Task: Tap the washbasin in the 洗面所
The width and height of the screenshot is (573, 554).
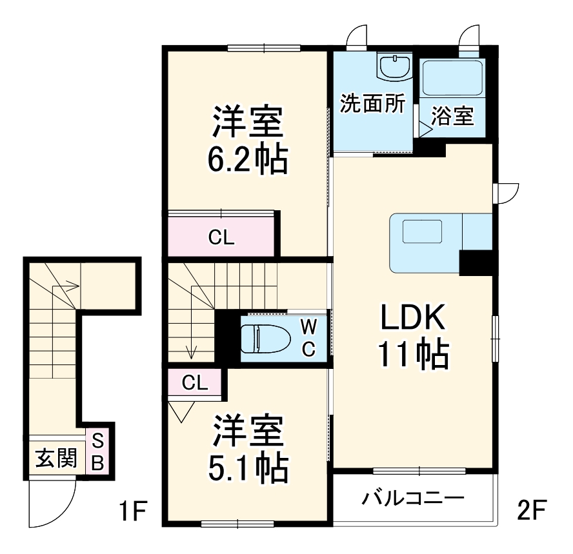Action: (395, 66)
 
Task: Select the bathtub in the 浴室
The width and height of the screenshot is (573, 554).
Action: (452, 79)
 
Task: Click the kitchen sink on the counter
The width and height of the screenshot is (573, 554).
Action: (422, 232)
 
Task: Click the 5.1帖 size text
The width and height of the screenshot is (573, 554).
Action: (247, 470)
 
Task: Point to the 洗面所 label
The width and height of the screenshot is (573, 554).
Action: (373, 103)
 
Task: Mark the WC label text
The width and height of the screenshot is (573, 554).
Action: (309, 337)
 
